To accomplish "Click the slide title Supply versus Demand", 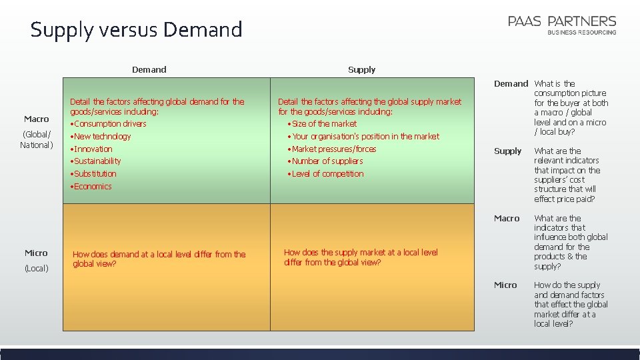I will pyautogui.click(x=136, y=29).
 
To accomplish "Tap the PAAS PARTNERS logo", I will pyautogui.click(x=562, y=22).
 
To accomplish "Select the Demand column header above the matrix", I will pyautogui.click(x=149, y=69).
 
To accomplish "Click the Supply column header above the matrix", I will pyautogui.click(x=361, y=69).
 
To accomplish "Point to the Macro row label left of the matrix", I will pyautogui.click(x=37, y=119).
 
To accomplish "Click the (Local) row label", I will pyautogui.click(x=36, y=269).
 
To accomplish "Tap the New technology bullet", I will pyautogui.click(x=103, y=137).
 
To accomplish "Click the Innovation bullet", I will pyautogui.click(x=93, y=149).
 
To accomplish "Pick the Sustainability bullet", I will pyautogui.click(x=97, y=161).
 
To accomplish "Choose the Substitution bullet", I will pyautogui.click(x=95, y=174).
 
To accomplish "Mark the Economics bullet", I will pyautogui.click(x=93, y=187).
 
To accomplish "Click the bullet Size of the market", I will pyautogui.click(x=325, y=124).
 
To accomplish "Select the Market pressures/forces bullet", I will pyautogui.click(x=334, y=149).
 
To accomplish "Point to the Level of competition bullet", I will pyautogui.click(x=328, y=174).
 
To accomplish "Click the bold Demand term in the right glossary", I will pyautogui.click(x=511, y=84).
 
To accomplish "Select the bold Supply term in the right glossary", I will pyautogui.click(x=507, y=151).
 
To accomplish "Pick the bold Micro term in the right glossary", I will pyautogui.click(x=505, y=285).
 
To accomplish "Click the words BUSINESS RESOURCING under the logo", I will pyautogui.click(x=582, y=33).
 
